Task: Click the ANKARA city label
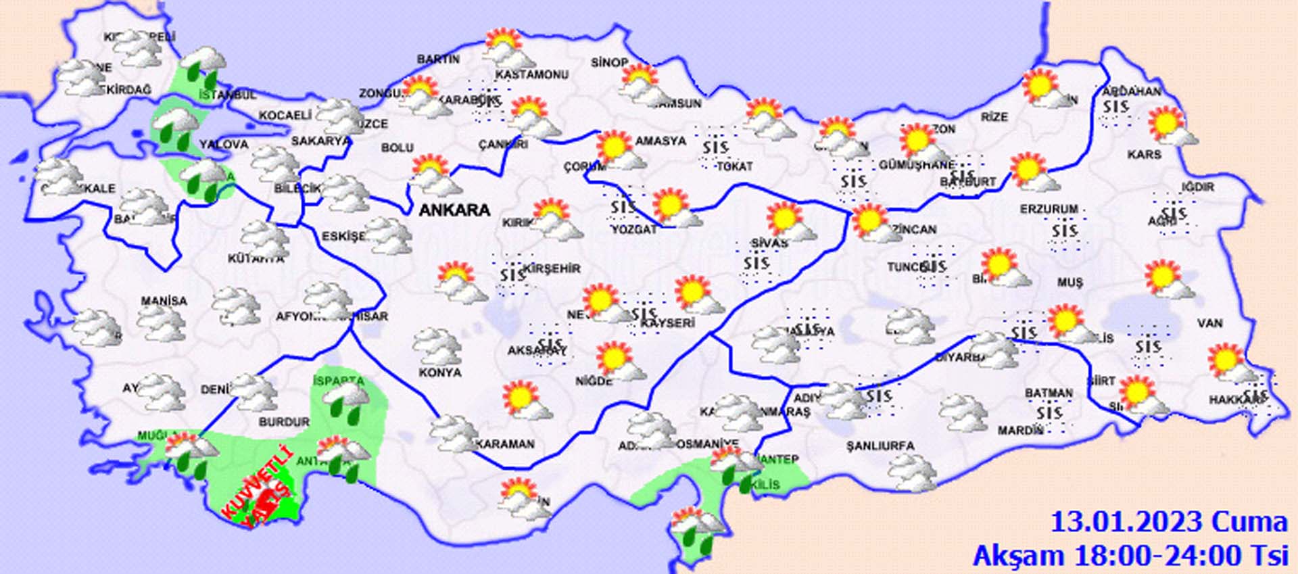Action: pos(454,210)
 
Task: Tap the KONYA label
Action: pos(439,373)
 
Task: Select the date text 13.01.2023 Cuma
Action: pos(1168,523)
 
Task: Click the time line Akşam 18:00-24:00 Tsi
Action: pos(1130,556)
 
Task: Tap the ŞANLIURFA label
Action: pos(880,446)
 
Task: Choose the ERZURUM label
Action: pos(1049,210)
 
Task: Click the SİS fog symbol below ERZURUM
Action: pos(1064,231)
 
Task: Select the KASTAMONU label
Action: pos(531,74)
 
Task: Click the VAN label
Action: pos(1209,323)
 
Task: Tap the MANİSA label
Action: pos(164,301)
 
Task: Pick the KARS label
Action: pos(1144,155)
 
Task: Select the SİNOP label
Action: pos(609,62)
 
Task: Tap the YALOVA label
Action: pos(224,145)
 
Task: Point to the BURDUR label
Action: pos(284,422)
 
